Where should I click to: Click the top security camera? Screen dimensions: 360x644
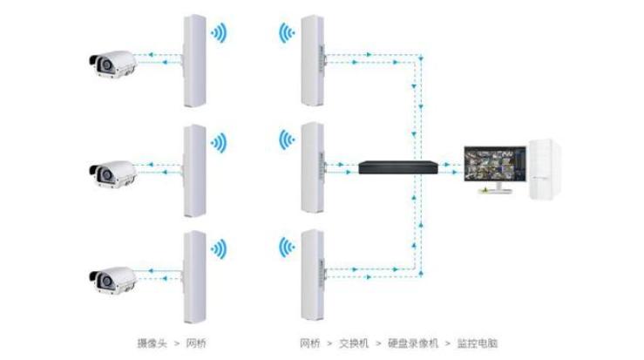point(112,64)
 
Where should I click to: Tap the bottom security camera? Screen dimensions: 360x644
point(112,279)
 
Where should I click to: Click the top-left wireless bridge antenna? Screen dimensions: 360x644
point(193,58)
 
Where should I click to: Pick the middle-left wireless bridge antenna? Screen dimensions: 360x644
point(193,169)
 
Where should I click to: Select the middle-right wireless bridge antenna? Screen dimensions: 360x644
point(312,167)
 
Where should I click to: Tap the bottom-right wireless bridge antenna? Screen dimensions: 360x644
point(312,275)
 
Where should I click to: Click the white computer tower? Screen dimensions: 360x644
point(545,170)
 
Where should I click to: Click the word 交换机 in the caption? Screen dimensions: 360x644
point(354,343)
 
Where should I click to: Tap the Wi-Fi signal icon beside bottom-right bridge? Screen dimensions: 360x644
point(285,247)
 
